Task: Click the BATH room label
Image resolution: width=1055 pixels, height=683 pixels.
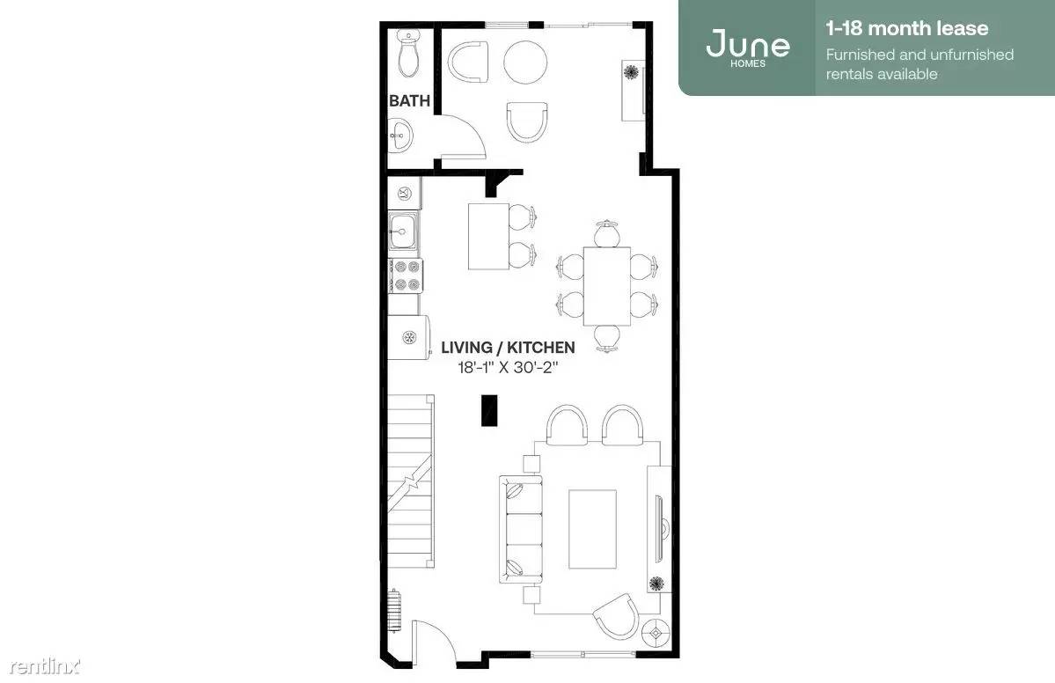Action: (x=409, y=101)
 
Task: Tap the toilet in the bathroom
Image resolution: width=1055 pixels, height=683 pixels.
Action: (x=407, y=53)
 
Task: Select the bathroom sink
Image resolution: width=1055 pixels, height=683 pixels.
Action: (x=400, y=135)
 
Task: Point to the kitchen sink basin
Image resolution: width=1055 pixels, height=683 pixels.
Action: (x=403, y=231)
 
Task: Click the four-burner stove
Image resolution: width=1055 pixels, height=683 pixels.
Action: (x=406, y=275)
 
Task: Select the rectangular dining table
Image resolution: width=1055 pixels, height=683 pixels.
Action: (x=607, y=286)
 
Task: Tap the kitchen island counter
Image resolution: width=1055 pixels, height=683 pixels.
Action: (x=488, y=236)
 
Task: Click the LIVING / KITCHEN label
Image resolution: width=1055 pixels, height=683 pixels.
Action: (x=508, y=347)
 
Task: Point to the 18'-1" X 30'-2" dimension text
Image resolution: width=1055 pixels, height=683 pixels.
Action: (x=508, y=367)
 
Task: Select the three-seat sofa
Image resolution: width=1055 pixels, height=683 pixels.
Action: (x=520, y=530)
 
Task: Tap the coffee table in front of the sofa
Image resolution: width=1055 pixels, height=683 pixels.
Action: (x=593, y=529)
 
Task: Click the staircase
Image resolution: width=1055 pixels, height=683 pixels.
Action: (x=410, y=481)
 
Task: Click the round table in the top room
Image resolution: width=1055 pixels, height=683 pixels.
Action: (x=525, y=62)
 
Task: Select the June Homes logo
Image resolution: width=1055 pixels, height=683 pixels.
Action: (x=748, y=48)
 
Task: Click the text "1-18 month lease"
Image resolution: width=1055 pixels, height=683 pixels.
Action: (x=907, y=28)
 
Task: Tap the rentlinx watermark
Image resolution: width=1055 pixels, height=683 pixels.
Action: (x=45, y=667)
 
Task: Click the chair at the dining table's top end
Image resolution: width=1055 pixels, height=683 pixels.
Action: (x=607, y=232)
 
